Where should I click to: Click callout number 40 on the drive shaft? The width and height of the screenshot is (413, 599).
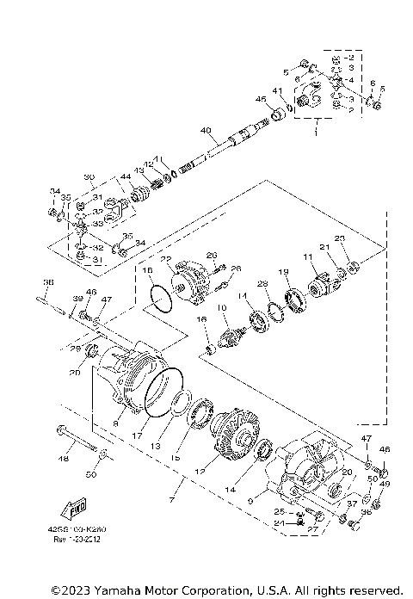[x=206, y=131]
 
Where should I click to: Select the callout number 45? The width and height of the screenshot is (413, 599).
[x=261, y=99]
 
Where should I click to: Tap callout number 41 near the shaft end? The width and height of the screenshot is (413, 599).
[x=277, y=90]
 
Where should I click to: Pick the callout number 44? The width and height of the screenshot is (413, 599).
[x=126, y=176]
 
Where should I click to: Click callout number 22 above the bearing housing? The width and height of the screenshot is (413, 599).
[x=166, y=258]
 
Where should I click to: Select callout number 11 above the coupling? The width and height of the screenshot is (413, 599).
[x=307, y=256]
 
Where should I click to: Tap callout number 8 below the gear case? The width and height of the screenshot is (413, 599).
[x=116, y=424]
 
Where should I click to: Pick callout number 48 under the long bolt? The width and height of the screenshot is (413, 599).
[x=63, y=459]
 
